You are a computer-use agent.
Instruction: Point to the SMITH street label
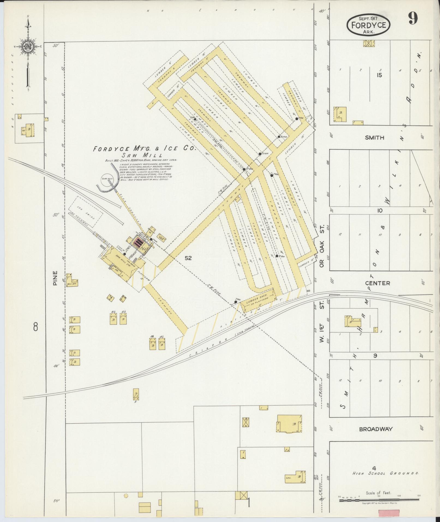[375, 138]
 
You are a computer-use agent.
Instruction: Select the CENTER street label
[378, 283]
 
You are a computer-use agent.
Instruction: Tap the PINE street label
[56, 278]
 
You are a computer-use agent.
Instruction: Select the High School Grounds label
[385, 473]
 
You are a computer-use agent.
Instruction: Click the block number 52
[188, 258]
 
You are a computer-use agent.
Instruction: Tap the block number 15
[379, 76]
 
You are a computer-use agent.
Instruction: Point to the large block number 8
[35, 326]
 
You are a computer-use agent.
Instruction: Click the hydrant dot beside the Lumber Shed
[235, 302]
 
